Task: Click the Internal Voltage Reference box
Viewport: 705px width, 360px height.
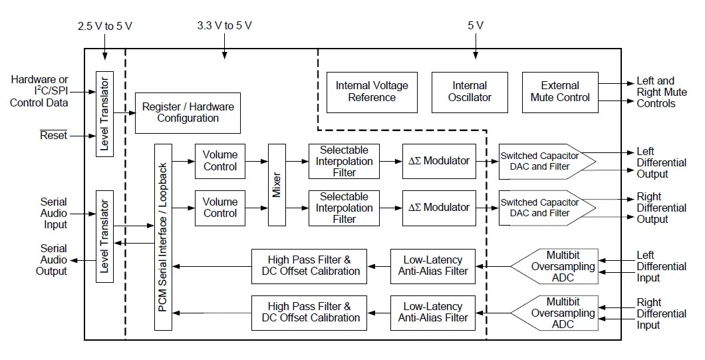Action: coord(372,92)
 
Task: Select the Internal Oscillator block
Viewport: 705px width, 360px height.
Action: coord(470,92)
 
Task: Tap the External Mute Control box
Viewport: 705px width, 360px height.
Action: coord(560,92)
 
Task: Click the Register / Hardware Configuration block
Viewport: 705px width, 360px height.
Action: coord(188,112)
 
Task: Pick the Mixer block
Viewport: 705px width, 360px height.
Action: coord(277,184)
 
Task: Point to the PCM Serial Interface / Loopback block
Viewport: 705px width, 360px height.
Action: coord(163,237)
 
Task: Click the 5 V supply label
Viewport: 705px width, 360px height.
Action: coord(475,26)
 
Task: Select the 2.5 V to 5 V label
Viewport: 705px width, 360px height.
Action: coord(105,26)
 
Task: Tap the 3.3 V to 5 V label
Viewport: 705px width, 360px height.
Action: coord(224,26)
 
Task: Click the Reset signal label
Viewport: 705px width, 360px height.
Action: coord(54,135)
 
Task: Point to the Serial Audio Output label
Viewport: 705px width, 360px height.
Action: coord(54,260)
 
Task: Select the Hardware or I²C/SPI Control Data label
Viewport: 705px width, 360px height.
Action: coord(39,91)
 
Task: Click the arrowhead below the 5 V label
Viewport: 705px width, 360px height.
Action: coord(475,56)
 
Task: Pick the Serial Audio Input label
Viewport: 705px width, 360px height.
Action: coord(54,214)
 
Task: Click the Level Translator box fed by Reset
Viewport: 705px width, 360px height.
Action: coord(105,112)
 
